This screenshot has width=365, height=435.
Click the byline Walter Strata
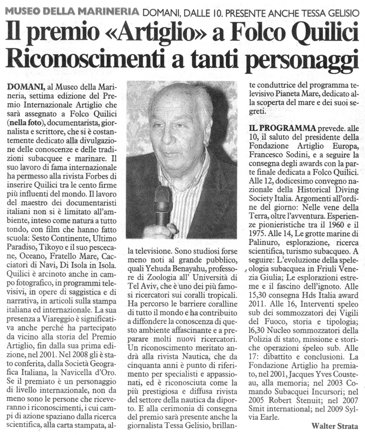click(x=334, y=425)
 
